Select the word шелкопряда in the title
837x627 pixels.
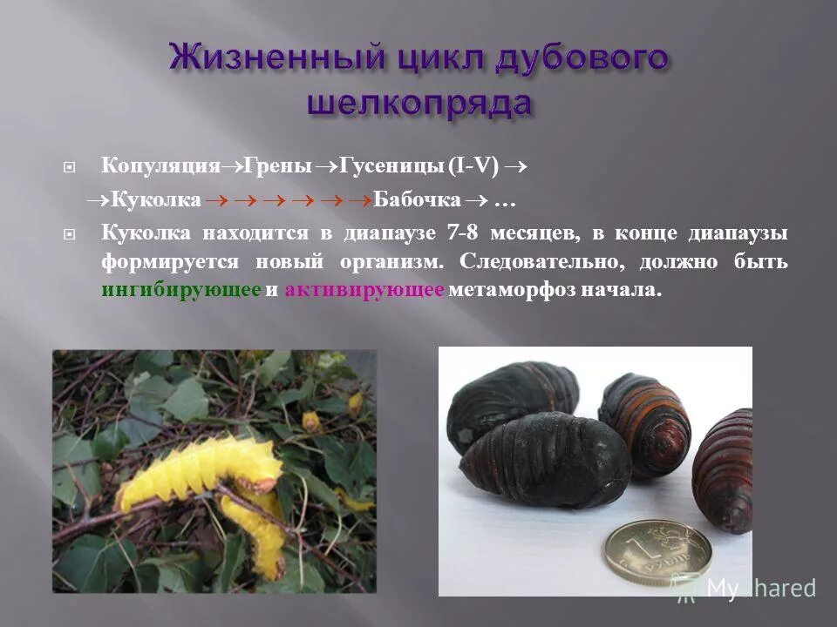coord(419,102)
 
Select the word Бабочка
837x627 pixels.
coord(418,200)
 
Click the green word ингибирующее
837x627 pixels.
coord(180,290)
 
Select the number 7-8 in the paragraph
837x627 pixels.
coord(463,233)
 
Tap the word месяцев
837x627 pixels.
coord(527,233)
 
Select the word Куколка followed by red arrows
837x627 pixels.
coord(152,200)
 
